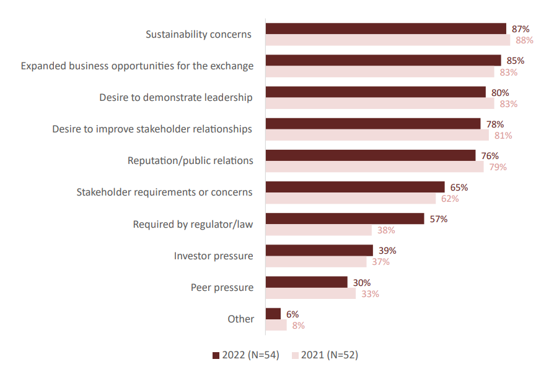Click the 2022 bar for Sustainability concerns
pos(386,28)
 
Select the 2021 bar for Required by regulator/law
pos(319,230)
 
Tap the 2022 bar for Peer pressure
pos(307,282)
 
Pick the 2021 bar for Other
pos(276,325)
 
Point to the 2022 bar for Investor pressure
pos(319,250)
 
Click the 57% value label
pos(438,218)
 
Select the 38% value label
pos(386,230)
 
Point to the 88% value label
pos(524,40)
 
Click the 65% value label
pos(459,187)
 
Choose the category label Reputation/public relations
pos(190,161)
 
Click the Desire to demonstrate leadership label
pos(176,98)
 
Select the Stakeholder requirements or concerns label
pos(164,192)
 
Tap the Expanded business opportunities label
pos(137,66)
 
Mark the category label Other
pos(240,319)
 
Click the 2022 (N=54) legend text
pos(251,355)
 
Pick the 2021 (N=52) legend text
pos(330,355)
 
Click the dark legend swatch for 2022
pos(216,355)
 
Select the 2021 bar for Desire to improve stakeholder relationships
pos(377,135)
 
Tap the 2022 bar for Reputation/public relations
pos(371,155)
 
